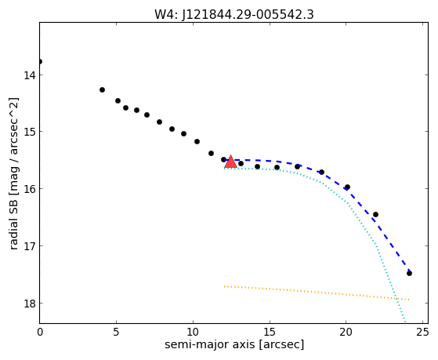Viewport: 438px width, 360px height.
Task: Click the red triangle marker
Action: click(230, 162)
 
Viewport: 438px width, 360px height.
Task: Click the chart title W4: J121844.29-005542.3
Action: click(234, 14)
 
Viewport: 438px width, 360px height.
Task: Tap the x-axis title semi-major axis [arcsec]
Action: click(234, 344)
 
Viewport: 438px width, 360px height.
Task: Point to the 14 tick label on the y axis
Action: click(29, 75)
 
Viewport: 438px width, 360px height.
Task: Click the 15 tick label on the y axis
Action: click(29, 132)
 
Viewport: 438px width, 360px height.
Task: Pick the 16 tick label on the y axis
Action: click(29, 189)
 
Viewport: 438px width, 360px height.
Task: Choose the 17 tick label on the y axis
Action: click(29, 246)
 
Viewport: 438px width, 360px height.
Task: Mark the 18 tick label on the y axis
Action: click(29, 304)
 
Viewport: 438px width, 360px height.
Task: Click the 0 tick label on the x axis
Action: click(40, 332)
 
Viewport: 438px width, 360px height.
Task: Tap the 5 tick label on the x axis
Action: click(116, 332)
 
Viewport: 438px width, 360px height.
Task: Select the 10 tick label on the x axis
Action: click(193, 332)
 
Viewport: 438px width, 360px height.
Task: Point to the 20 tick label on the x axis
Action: click(346, 332)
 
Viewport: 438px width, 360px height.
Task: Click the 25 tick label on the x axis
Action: click(422, 332)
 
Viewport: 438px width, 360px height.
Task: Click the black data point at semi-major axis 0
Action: click(40, 61)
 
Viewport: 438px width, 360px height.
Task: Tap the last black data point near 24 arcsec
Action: click(409, 273)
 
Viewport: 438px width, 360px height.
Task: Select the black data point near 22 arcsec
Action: click(375, 215)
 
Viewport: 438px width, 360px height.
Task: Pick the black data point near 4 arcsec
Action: click(102, 89)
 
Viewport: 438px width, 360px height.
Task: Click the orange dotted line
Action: click(317, 293)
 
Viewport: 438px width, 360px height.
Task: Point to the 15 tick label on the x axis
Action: click(270, 332)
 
